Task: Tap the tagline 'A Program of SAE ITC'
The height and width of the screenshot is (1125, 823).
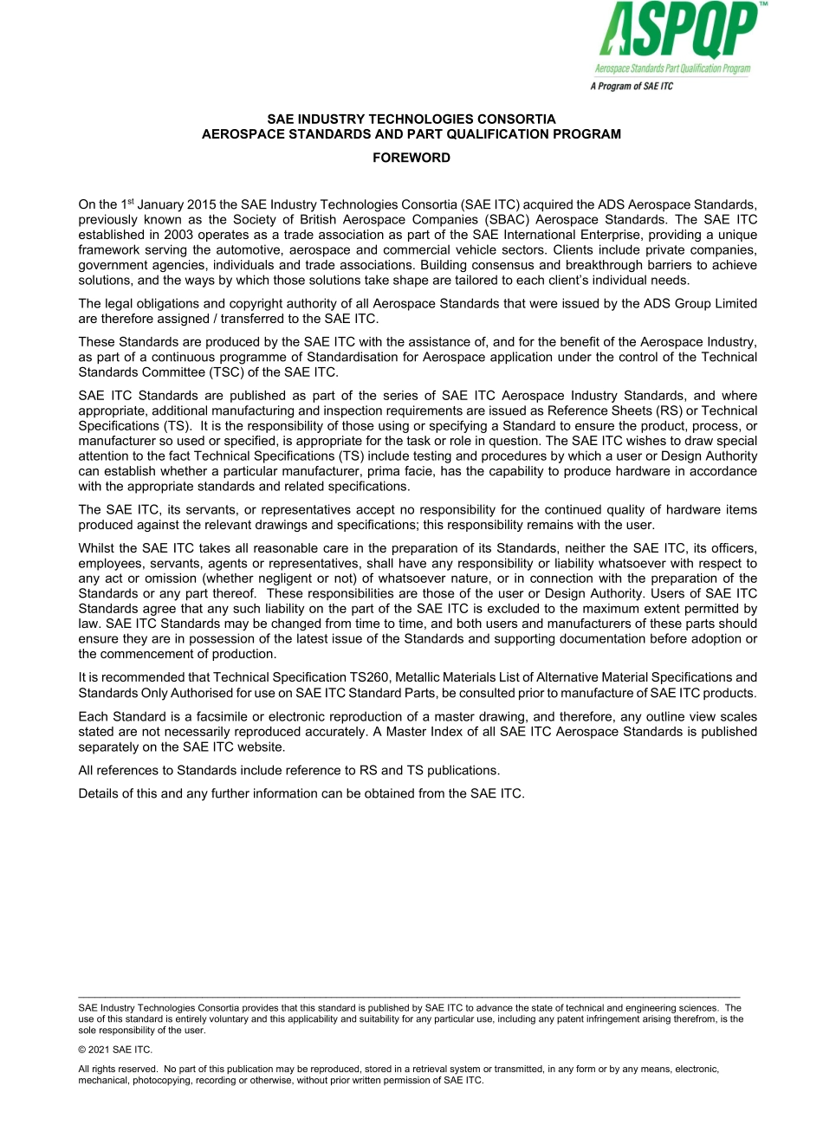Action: click(631, 87)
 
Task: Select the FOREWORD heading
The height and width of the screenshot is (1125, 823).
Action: click(411, 158)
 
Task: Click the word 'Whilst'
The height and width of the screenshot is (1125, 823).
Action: click(96, 548)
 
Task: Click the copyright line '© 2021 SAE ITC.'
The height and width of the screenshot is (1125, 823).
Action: click(115, 1050)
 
